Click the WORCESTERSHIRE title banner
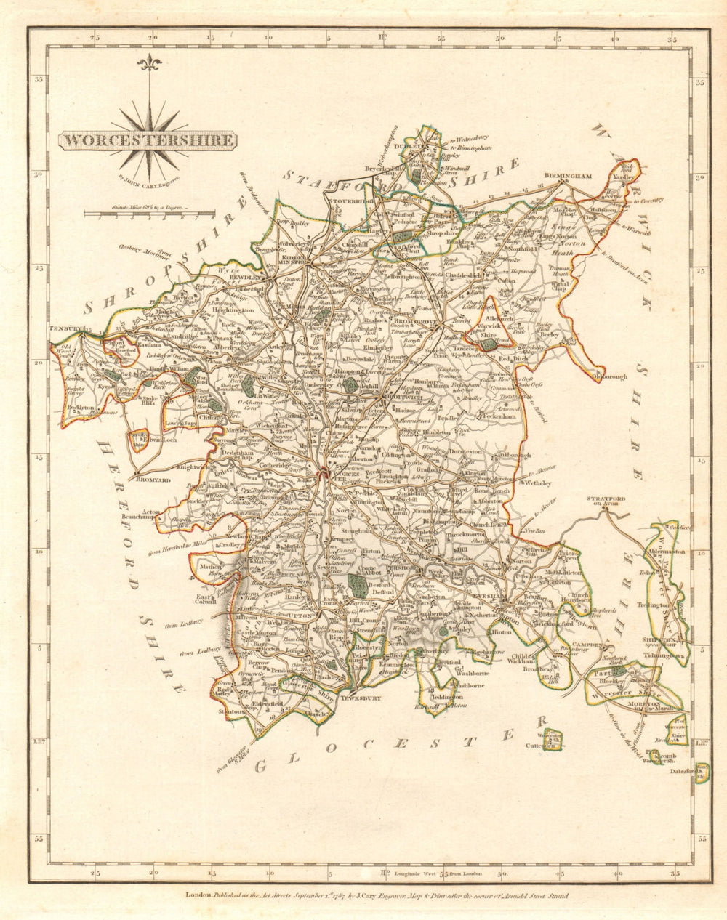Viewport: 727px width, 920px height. click(147, 140)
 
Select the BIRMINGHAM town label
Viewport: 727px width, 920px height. click(568, 176)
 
